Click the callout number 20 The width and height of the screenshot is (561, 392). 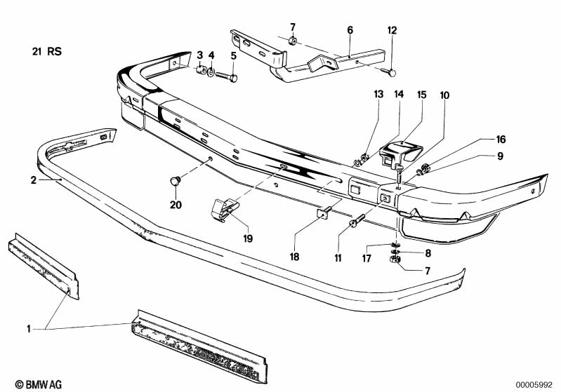(x=176, y=205)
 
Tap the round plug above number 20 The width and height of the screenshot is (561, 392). (x=175, y=180)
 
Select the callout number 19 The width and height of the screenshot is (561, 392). (x=248, y=238)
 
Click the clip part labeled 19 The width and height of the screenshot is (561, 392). (x=225, y=210)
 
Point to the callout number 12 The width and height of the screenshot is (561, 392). (x=392, y=30)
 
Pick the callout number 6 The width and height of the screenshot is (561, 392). (x=350, y=30)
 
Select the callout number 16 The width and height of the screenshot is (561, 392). (x=501, y=140)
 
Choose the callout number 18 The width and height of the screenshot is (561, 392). (x=294, y=257)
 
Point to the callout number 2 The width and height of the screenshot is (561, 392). (x=33, y=180)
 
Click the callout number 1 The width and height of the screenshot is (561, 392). (x=29, y=329)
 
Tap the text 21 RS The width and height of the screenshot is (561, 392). (x=47, y=51)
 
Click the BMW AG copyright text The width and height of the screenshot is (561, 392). (x=39, y=384)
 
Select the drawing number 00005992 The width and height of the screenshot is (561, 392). (x=534, y=385)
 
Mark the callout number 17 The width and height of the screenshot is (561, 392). (x=367, y=258)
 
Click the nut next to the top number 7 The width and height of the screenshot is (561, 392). (x=292, y=41)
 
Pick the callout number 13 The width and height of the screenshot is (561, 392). (x=378, y=95)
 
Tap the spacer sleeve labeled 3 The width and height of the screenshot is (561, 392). (x=202, y=69)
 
